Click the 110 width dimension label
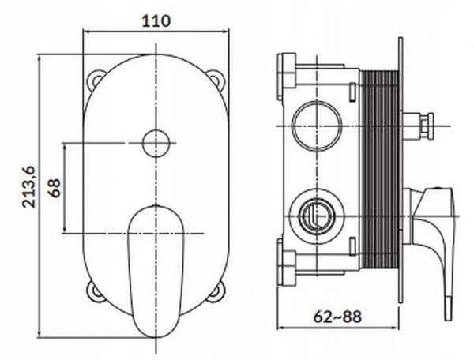(x=156, y=21)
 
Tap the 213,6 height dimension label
(x=29, y=186)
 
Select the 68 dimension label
(x=55, y=188)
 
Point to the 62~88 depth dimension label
(x=337, y=317)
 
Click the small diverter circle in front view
(x=156, y=143)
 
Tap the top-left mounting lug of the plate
(x=96, y=80)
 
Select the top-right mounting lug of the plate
(x=216, y=79)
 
